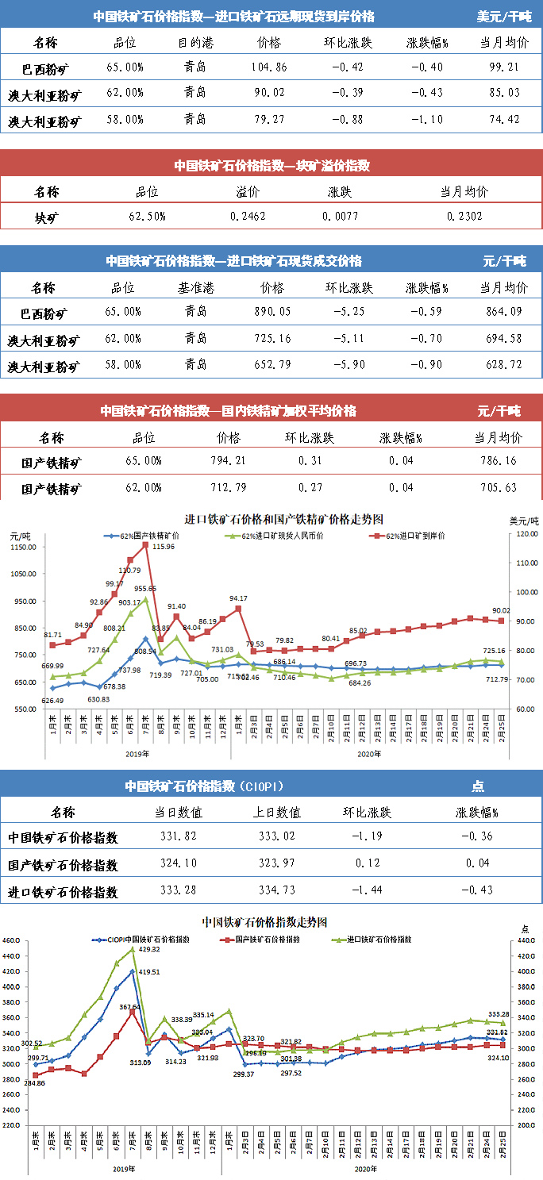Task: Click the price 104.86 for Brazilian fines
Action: tap(270, 67)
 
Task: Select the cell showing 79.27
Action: tap(270, 120)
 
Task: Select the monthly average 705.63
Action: tap(499, 487)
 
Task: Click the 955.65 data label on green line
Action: tap(144, 589)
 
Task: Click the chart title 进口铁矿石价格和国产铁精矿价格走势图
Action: tap(283, 519)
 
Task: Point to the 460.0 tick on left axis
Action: tap(15, 941)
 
